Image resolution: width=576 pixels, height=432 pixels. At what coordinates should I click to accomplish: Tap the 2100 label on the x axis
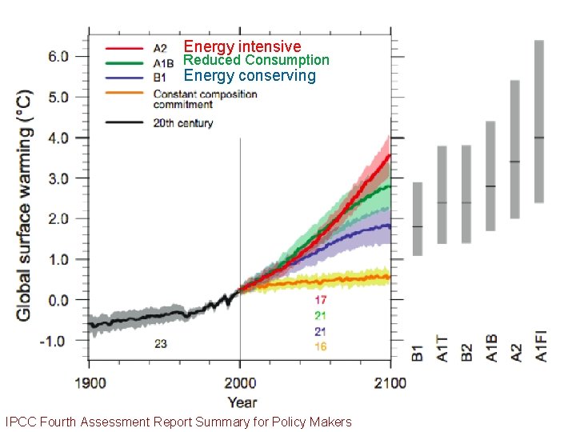coord(390,382)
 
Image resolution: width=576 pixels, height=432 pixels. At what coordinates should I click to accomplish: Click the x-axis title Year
coord(242,402)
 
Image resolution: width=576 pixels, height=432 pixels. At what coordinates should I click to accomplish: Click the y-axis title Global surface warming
coord(24,206)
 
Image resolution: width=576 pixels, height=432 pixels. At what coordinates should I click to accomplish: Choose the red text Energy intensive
coord(242,46)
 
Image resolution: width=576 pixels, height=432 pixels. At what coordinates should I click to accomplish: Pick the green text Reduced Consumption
coord(256,60)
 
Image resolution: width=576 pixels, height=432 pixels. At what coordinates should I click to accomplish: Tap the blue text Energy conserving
coord(250,76)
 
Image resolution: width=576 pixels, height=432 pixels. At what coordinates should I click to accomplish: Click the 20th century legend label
coord(183,123)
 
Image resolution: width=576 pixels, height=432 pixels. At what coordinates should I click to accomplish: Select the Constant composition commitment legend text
coord(205,99)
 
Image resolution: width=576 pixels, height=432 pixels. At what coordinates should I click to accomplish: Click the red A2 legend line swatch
coord(123,46)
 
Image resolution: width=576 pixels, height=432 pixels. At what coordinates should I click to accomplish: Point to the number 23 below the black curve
coord(162,345)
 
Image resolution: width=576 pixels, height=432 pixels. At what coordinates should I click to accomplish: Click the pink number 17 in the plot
coord(320,299)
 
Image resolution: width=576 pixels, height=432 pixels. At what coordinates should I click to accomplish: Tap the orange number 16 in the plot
coord(320,346)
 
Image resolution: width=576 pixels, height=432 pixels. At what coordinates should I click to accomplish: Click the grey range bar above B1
coord(417,218)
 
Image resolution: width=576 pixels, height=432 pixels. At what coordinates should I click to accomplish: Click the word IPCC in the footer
coord(20,422)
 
